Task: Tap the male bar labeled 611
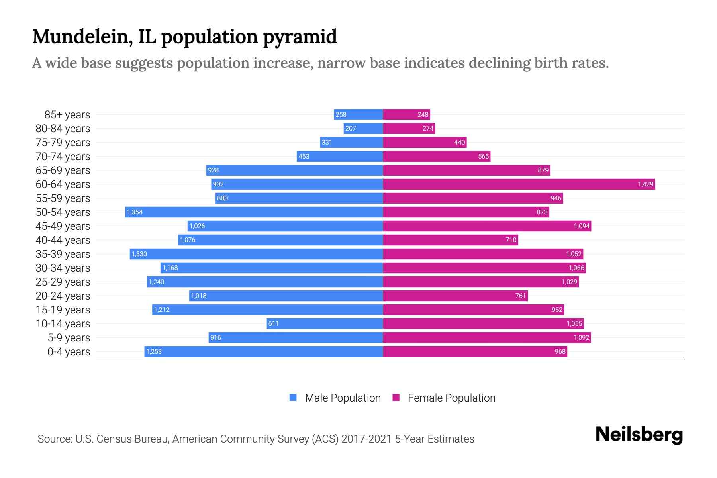click(x=325, y=323)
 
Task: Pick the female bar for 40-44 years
click(x=450, y=240)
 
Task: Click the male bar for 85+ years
click(x=358, y=114)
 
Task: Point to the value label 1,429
click(x=645, y=184)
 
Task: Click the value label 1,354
click(x=135, y=212)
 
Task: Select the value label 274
click(x=428, y=128)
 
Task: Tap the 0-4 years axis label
click(x=69, y=352)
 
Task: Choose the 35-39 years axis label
click(x=63, y=254)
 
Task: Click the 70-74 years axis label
click(x=63, y=157)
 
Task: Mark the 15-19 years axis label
click(x=63, y=310)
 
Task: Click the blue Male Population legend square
click(x=293, y=398)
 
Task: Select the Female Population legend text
click(x=451, y=398)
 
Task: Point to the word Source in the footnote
click(x=54, y=439)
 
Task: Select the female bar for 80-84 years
click(x=409, y=128)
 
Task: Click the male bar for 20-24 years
click(x=286, y=296)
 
